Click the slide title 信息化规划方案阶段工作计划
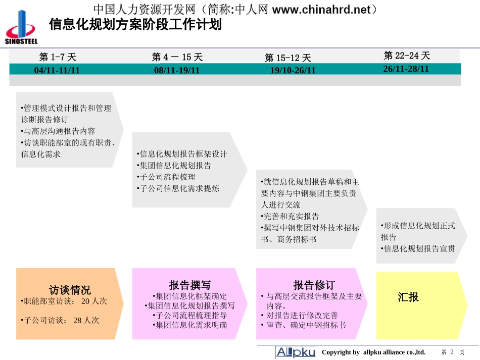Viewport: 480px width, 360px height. pyautogui.click(x=135, y=24)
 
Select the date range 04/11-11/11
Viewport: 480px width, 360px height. pyautogui.click(x=57, y=70)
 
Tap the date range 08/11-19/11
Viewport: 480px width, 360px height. pyautogui.click(x=177, y=70)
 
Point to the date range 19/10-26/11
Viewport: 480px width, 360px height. pyautogui.click(x=293, y=70)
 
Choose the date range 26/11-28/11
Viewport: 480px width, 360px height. pyautogui.click(x=406, y=69)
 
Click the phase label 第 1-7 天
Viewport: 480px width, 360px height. pyautogui.click(x=58, y=57)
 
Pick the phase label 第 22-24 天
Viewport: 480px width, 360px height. pyautogui.click(x=407, y=56)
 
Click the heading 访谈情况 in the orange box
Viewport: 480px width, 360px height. pyautogui.click(x=70, y=290)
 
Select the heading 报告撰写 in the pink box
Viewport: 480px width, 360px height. pyautogui.click(x=189, y=285)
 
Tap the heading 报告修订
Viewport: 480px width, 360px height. pyautogui.click(x=314, y=285)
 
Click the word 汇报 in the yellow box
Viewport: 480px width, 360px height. pyautogui.click(x=408, y=297)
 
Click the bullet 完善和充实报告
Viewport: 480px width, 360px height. pyautogui.click(x=291, y=216)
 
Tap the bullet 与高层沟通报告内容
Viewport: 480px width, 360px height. pyautogui.click(x=58, y=131)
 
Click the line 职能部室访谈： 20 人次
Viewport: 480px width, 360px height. pyautogui.click(x=64, y=301)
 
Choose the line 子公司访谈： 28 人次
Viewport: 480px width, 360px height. pyautogui.click(x=61, y=320)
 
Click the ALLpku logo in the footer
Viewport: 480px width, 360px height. pyautogui.click(x=296, y=352)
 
